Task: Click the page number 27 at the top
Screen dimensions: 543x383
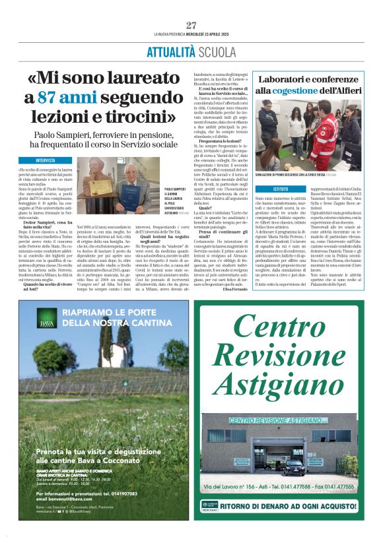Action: tap(191, 25)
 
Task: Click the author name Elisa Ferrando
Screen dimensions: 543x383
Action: tap(238, 289)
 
